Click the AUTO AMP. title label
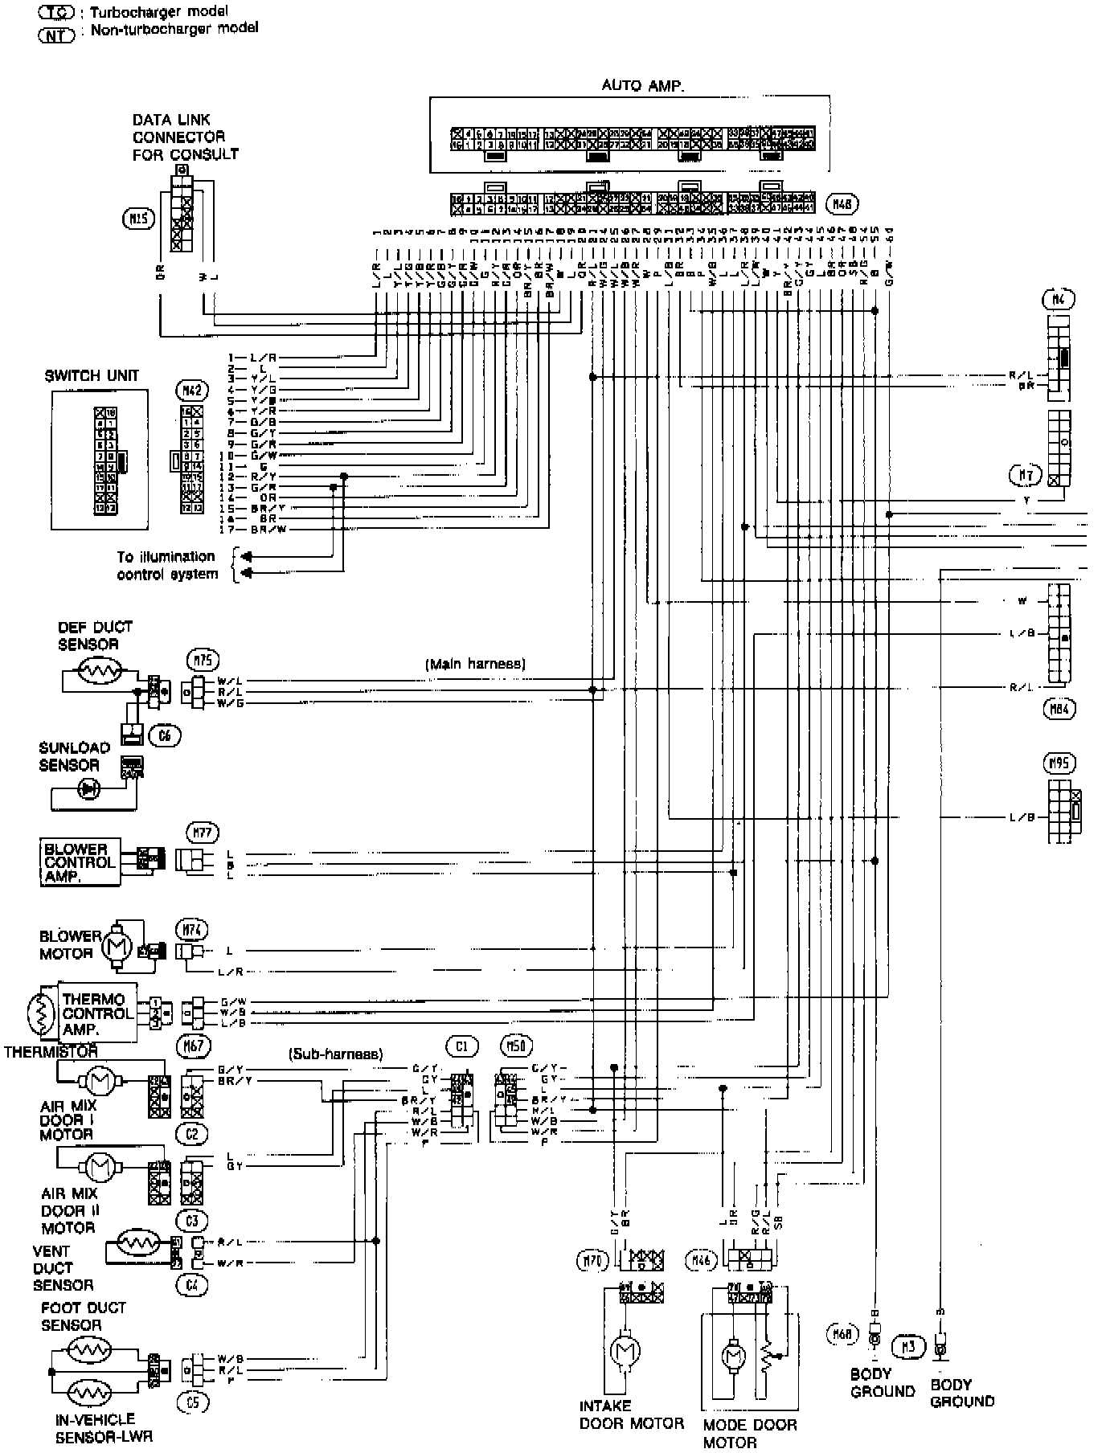(x=643, y=85)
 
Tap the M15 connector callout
(x=137, y=217)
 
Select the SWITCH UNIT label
(x=92, y=375)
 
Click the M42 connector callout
(x=192, y=391)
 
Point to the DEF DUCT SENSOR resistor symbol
(x=98, y=672)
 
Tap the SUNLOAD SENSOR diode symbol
(x=88, y=789)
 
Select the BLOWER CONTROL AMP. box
(x=80, y=862)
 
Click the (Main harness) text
(x=475, y=664)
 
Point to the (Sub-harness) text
(x=335, y=1054)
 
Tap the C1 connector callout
(x=462, y=1046)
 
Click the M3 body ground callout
(x=909, y=1346)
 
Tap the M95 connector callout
(x=1062, y=762)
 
